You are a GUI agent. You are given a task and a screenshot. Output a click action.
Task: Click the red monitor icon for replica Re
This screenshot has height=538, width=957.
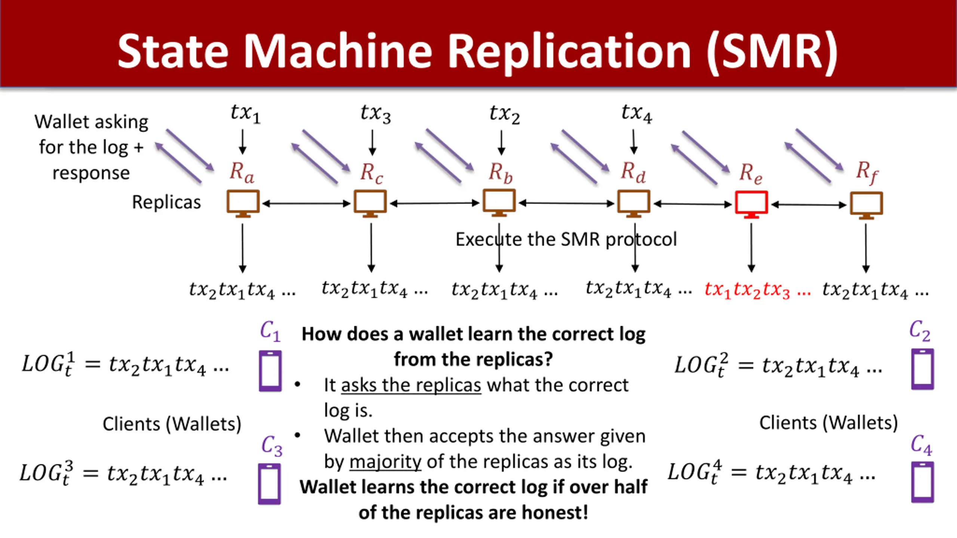tap(751, 204)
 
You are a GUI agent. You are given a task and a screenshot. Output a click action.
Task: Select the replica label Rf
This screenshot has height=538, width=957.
tap(867, 173)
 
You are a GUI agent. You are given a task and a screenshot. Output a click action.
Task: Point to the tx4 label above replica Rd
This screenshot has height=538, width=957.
tap(637, 113)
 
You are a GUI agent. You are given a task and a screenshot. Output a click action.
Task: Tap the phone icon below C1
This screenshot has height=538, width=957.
tap(270, 371)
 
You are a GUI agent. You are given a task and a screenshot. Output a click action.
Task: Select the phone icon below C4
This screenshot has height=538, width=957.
tap(922, 482)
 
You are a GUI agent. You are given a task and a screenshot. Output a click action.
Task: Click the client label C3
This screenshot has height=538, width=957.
tap(272, 446)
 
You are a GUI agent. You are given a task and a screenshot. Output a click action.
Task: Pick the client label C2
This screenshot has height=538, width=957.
tap(920, 331)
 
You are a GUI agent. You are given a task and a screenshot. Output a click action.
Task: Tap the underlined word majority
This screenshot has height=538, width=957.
tap(385, 462)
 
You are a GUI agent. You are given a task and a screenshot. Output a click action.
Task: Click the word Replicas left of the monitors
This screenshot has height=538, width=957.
tap(166, 202)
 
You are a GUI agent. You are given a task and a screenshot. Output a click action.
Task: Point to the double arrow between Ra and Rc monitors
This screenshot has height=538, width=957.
tap(307, 204)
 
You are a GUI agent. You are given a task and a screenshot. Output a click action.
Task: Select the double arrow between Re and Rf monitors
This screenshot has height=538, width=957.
tap(809, 205)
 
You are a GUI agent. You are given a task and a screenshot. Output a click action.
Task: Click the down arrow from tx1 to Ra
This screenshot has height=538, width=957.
tap(243, 142)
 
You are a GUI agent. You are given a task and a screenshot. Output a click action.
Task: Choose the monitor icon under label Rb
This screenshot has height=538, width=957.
tap(499, 203)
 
